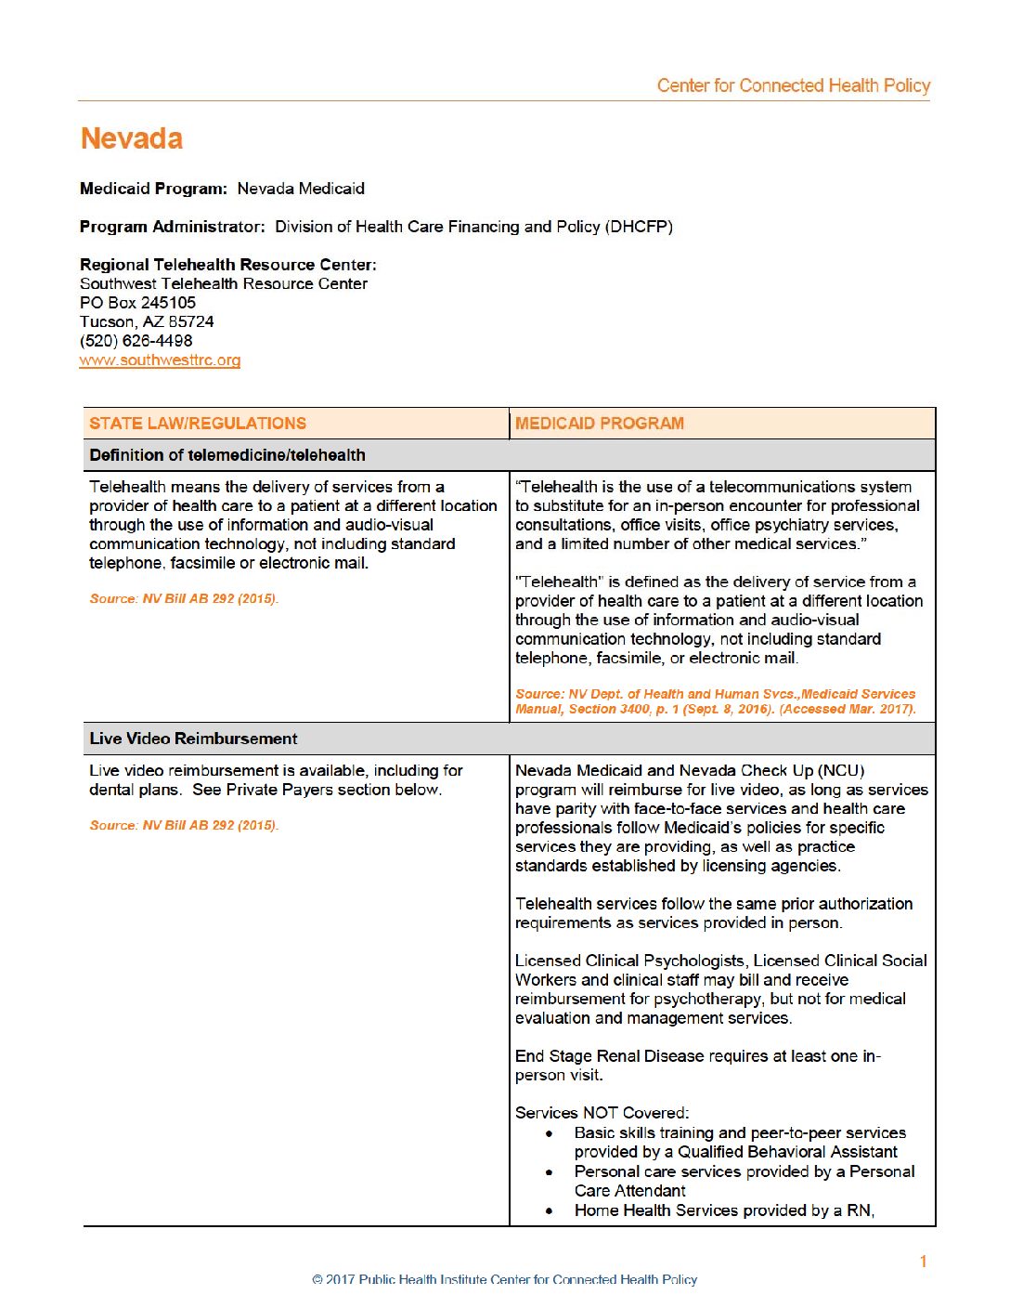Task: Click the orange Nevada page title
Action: [131, 138]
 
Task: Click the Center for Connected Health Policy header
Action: [793, 85]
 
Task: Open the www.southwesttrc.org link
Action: [160, 360]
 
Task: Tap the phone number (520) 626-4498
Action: [136, 341]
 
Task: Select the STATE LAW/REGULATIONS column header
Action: [198, 424]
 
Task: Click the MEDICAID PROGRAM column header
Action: [600, 424]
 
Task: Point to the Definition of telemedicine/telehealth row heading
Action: [227, 455]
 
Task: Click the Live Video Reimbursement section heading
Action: [193, 739]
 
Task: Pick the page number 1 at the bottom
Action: [923, 1262]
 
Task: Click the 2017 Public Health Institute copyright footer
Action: [504, 1279]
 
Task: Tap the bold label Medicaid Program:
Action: [153, 189]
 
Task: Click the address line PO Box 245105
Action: [137, 303]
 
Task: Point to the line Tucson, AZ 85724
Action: [147, 321]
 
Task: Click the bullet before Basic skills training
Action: [550, 1133]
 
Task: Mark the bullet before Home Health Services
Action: [550, 1211]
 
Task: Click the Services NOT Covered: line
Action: [602, 1113]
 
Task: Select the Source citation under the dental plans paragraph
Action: [184, 825]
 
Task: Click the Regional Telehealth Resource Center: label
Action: [228, 265]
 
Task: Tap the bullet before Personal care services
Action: [550, 1172]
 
